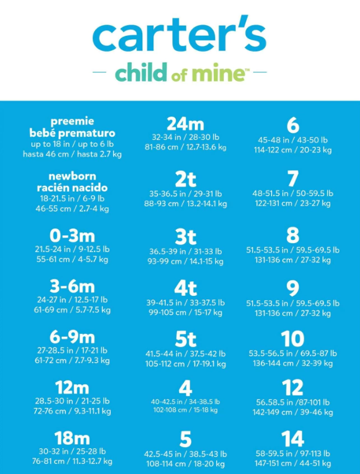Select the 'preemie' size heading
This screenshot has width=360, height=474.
click(x=72, y=121)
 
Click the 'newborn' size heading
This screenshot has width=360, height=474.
click(x=72, y=176)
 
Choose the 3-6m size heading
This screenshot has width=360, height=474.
click(x=72, y=286)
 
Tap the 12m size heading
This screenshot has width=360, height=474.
click(x=72, y=387)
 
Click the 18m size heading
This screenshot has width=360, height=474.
click(x=72, y=438)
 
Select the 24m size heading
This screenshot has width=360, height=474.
click(x=185, y=123)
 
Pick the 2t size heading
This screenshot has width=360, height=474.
click(x=185, y=179)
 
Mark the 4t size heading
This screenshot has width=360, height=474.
click(x=185, y=288)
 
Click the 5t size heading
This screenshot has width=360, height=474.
click(x=185, y=339)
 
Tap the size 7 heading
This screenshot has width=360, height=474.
click(x=292, y=179)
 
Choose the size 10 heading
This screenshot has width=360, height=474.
click(x=292, y=339)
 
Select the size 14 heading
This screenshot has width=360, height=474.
click(x=292, y=439)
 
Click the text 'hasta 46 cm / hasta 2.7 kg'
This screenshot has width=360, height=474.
click(x=72, y=154)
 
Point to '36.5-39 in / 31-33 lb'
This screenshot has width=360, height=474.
click(x=185, y=252)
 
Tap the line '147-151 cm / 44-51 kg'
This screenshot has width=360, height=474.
click(x=292, y=463)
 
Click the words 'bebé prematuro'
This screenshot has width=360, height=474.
click(x=72, y=133)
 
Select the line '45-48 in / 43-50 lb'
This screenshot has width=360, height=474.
click(x=292, y=140)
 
